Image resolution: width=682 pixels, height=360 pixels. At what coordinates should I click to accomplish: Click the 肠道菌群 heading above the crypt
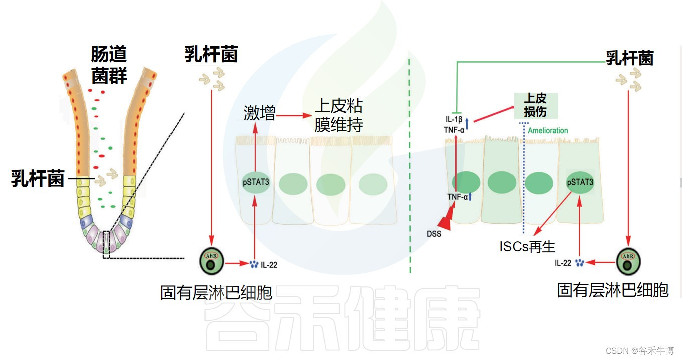(109, 65)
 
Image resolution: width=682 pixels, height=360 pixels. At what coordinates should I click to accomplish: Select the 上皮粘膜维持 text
(338, 115)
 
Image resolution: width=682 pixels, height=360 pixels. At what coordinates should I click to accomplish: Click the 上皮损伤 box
(535, 105)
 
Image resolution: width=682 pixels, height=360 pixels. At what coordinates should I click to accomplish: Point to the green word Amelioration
(547, 131)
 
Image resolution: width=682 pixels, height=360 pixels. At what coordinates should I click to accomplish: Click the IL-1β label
(453, 119)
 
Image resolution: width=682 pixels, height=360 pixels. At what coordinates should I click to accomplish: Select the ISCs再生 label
(527, 246)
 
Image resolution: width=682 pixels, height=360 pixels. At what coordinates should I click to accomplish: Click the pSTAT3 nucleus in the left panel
(255, 183)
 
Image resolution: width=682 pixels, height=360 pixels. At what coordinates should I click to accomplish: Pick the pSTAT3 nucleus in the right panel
(580, 183)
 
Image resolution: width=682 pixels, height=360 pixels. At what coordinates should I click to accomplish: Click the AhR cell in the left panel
(212, 262)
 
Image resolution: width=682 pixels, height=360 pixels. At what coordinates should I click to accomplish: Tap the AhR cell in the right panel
(628, 262)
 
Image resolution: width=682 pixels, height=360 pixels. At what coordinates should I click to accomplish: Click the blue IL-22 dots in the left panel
(254, 264)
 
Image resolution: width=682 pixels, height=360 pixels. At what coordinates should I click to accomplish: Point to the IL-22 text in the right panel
(563, 263)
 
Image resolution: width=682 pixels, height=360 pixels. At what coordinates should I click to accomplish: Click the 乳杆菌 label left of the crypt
(38, 179)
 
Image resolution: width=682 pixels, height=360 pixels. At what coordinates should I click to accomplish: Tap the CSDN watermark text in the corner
(639, 351)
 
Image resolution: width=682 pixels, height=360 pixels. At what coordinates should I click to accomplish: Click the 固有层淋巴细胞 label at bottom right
(613, 290)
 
